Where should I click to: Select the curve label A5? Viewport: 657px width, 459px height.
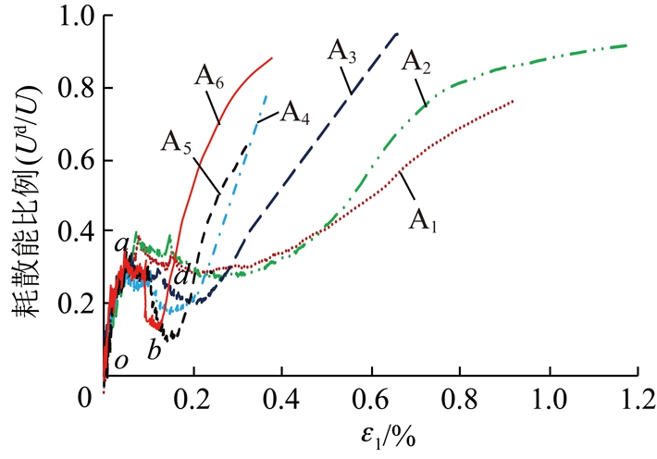[x=180, y=142]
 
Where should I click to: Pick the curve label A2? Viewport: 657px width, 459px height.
[x=417, y=63]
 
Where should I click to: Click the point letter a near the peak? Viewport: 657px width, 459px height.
[x=120, y=244]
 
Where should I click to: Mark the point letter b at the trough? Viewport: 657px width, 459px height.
[x=155, y=352]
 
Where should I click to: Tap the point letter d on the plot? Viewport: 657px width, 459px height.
[x=181, y=275]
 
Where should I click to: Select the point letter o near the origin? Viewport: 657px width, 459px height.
[x=120, y=360]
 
